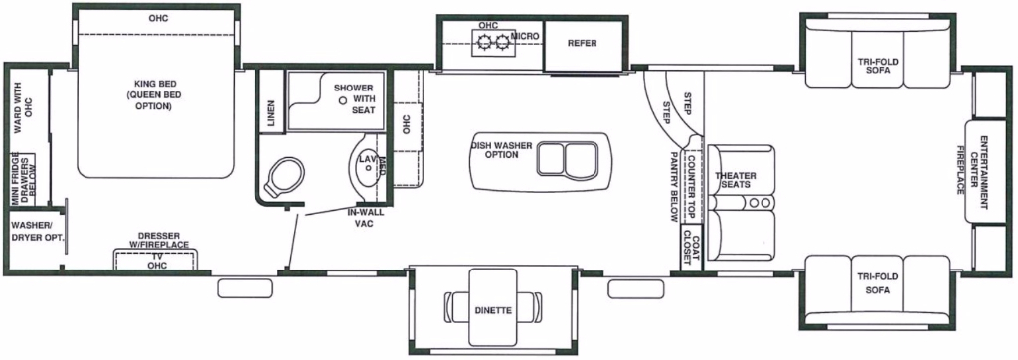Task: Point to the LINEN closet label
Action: (x=271, y=113)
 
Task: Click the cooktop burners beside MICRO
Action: (x=494, y=42)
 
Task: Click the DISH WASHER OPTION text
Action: (x=503, y=150)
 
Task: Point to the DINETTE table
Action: (x=493, y=310)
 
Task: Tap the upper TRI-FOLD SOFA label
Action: (x=878, y=66)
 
